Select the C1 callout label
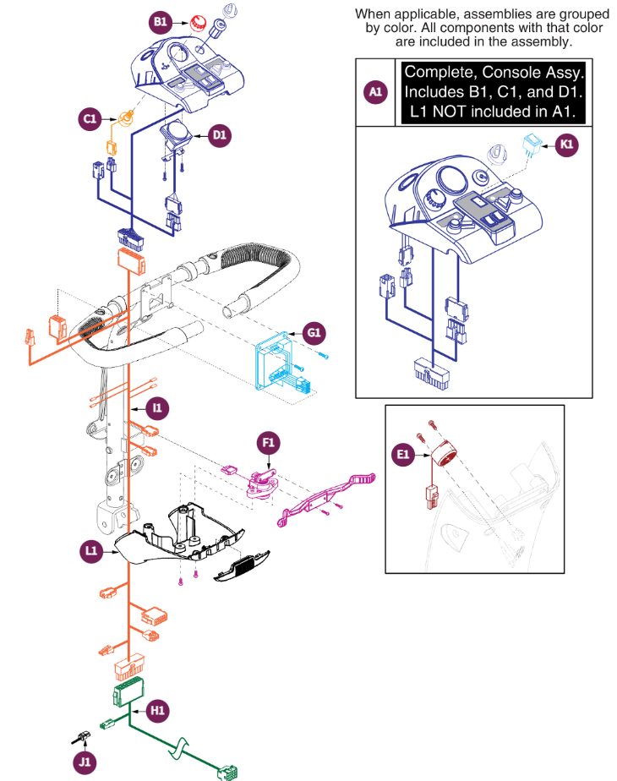point(90,120)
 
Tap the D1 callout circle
point(219,134)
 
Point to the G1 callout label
point(314,333)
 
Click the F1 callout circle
point(270,442)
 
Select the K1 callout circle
point(568,145)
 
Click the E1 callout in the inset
point(403,455)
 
